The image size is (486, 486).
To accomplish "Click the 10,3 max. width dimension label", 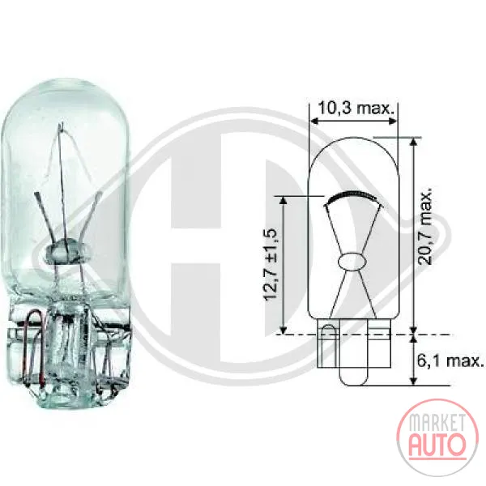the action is point(356,109).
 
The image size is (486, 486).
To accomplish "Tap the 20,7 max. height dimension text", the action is point(424,226).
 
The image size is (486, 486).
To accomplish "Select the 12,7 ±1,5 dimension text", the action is point(271,265).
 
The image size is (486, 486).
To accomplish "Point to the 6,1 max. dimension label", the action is point(450,360).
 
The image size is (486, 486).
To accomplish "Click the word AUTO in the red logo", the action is point(437,444).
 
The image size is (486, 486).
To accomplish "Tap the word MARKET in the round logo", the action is point(437,423).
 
